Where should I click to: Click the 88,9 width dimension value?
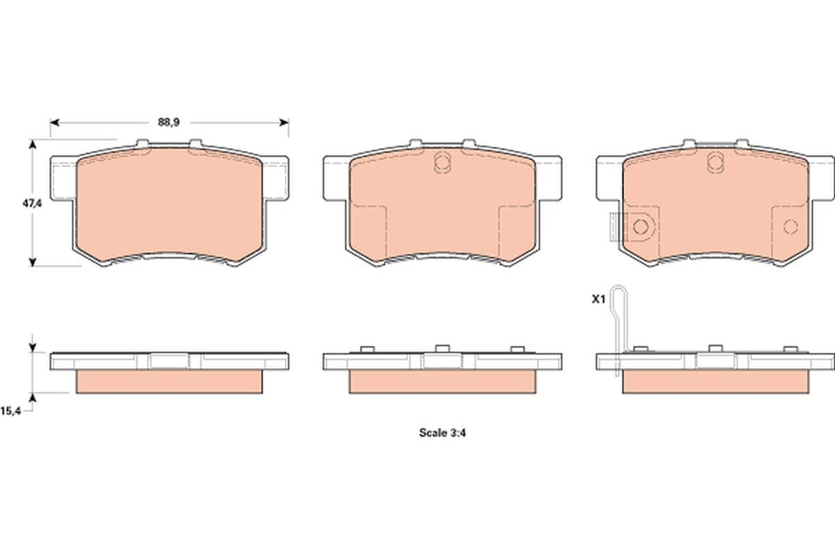point(170,123)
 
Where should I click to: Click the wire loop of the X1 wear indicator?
point(620,303)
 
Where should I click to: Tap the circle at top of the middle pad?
point(443,161)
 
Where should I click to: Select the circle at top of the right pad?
point(715,161)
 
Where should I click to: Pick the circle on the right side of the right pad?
point(789,228)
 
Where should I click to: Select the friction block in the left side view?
point(171,380)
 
